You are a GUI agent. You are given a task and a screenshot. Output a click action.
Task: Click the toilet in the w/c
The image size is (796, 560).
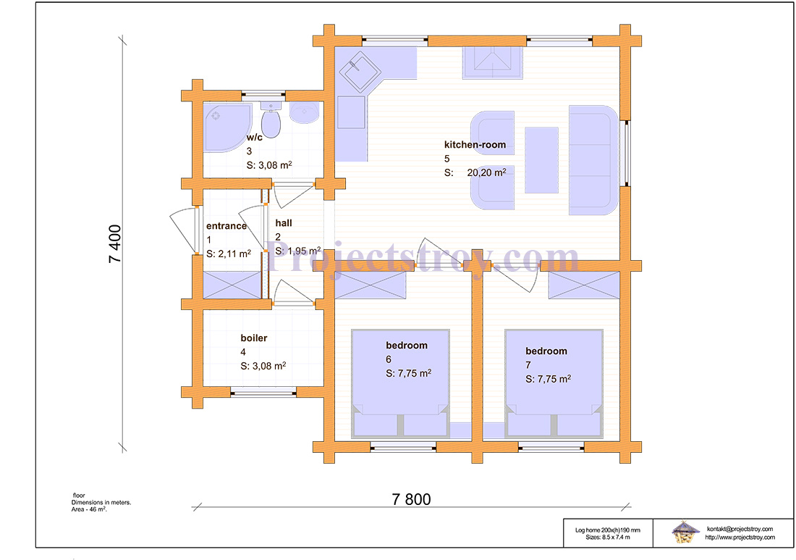point(271,120)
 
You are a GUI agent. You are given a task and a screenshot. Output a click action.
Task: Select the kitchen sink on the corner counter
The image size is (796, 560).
point(360,71)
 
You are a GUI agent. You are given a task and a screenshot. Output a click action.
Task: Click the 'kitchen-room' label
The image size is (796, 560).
point(475,145)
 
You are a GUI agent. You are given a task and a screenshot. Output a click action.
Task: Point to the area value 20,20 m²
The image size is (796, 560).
point(486,172)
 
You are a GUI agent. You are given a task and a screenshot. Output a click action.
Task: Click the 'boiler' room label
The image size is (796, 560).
point(254,338)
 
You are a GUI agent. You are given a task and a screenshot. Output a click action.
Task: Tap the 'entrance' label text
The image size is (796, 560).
point(226,226)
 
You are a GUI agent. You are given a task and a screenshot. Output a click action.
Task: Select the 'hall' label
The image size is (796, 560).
point(284,222)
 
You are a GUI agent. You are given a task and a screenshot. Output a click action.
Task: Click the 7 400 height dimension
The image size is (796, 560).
point(116,244)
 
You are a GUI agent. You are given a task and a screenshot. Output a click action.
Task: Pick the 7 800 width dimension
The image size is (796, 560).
point(411,500)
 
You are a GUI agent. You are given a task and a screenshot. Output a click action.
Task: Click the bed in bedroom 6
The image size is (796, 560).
point(400,384)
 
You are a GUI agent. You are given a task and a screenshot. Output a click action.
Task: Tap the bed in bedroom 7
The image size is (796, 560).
point(554,384)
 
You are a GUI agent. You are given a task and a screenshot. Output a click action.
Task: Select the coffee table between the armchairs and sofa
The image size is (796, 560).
point(542,160)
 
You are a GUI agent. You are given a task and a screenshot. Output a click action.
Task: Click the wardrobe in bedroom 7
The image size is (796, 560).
point(584,285)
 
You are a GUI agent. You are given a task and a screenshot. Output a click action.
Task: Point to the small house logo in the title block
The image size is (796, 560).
point(685,532)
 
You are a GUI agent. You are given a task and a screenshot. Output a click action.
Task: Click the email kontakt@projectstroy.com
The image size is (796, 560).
point(740,529)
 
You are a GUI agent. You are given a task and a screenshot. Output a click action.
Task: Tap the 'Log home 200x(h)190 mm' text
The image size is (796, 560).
point(608,530)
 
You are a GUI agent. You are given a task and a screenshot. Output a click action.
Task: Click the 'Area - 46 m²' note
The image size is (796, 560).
point(89,509)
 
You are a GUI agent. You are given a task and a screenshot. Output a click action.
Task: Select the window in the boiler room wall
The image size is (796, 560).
point(263,391)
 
